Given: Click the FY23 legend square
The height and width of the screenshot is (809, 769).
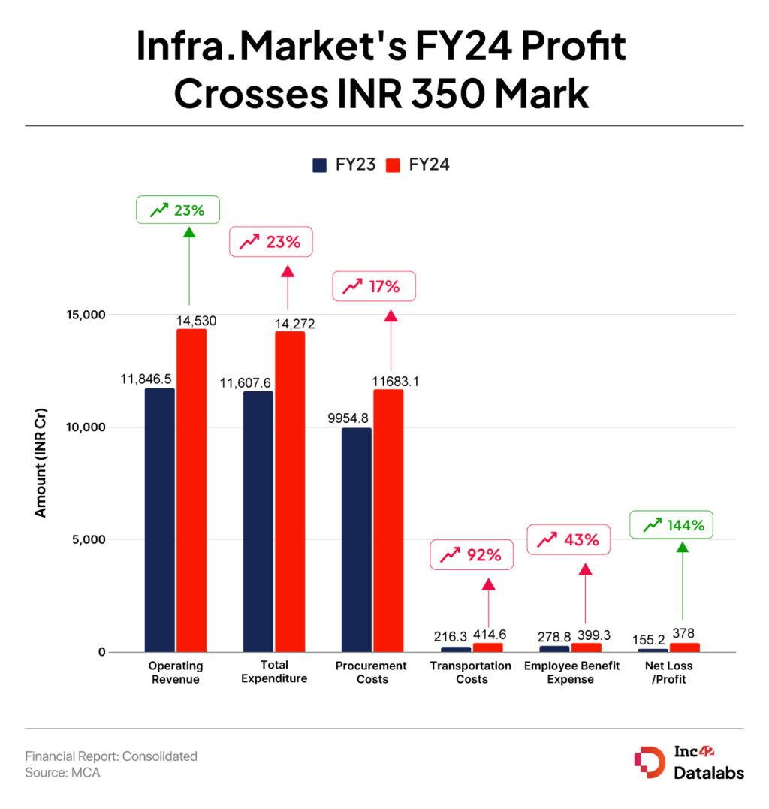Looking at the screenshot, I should click(320, 165).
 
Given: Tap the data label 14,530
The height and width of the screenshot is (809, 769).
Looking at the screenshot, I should click(196, 321).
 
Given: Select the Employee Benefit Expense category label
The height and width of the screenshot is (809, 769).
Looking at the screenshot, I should click(571, 672).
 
